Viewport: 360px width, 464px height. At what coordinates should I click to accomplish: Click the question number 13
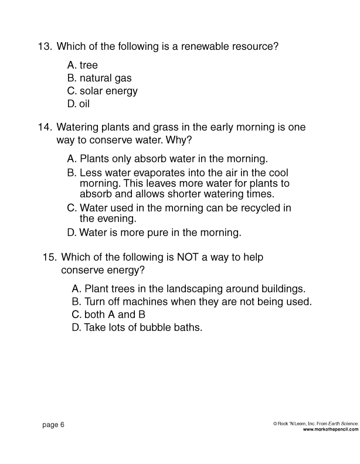pyautogui.click(x=45, y=46)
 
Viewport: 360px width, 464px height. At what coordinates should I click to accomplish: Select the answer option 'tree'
pyautogui.click(x=89, y=65)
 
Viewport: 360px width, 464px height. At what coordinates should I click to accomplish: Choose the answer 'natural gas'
pyautogui.click(x=106, y=78)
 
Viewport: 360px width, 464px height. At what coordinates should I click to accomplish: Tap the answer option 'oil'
pyautogui.click(x=84, y=104)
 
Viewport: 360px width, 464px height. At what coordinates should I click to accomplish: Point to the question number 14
pyautogui.click(x=45, y=127)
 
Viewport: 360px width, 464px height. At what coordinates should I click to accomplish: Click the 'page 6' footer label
pyautogui.click(x=53, y=425)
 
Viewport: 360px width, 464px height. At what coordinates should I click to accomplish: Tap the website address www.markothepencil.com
pyautogui.click(x=330, y=429)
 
